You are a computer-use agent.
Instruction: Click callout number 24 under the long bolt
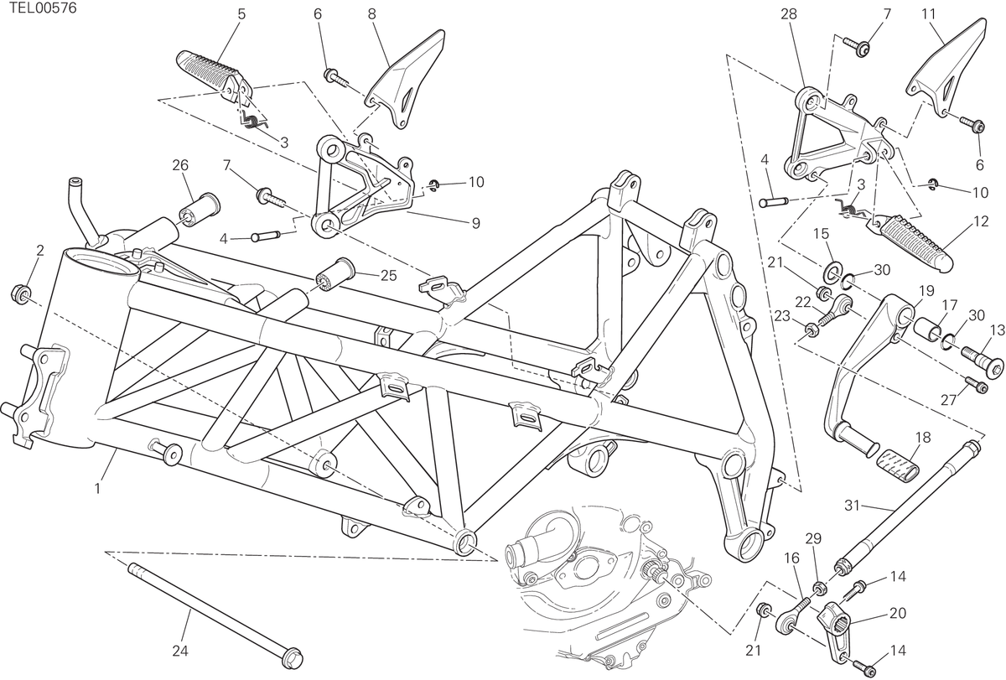[180, 651]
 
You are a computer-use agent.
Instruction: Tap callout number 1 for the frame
[97, 488]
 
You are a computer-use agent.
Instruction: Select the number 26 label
[180, 165]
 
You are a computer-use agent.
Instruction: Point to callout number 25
[389, 276]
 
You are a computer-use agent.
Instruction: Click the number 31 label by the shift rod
[852, 506]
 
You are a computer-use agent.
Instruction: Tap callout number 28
[789, 14]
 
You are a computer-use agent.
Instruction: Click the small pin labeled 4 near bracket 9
[267, 236]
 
